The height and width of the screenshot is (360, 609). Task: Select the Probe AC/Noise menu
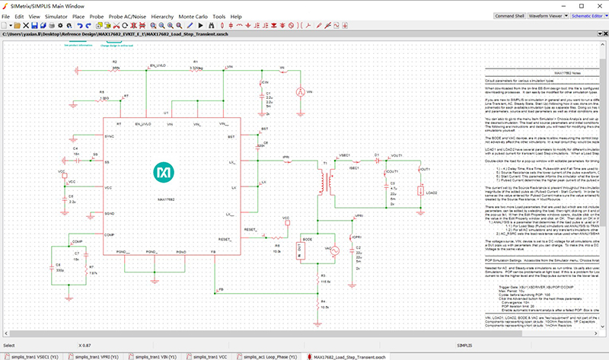coord(125,16)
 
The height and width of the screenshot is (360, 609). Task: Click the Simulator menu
coord(56,16)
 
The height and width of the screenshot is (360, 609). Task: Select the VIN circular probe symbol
coord(298,91)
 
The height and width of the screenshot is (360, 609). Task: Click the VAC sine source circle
coord(330,248)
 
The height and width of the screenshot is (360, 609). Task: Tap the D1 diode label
coord(377,154)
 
